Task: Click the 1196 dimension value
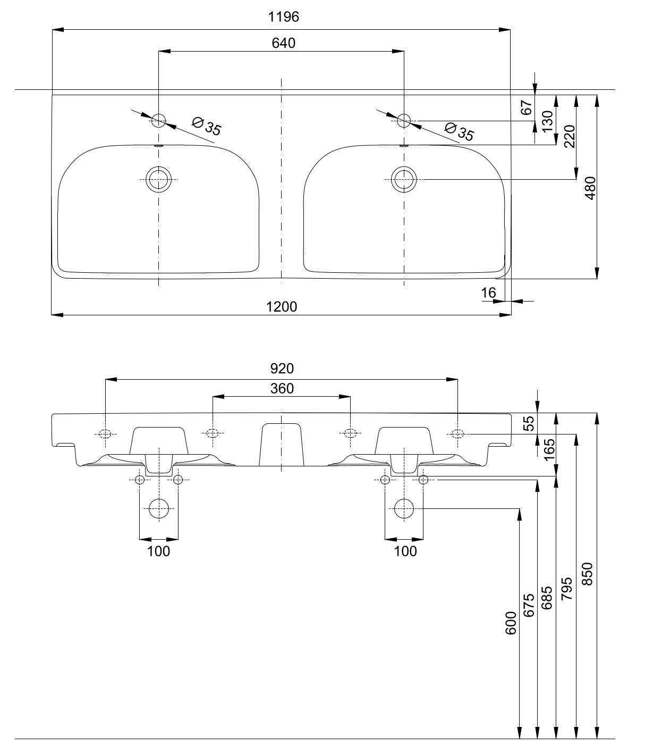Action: point(283,17)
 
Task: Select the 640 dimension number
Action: point(283,43)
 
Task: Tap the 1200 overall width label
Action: point(282,306)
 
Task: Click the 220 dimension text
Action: point(569,136)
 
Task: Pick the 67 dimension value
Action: point(527,107)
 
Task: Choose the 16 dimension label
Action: point(488,292)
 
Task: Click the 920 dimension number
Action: point(282,368)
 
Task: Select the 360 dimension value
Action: point(282,389)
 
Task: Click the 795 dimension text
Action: point(567,588)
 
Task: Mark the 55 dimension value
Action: point(529,423)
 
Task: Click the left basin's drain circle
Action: point(158,179)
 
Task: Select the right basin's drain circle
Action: point(404,179)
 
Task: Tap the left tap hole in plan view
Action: point(158,120)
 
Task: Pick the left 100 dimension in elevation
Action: point(158,551)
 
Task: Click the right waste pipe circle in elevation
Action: point(404,509)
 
